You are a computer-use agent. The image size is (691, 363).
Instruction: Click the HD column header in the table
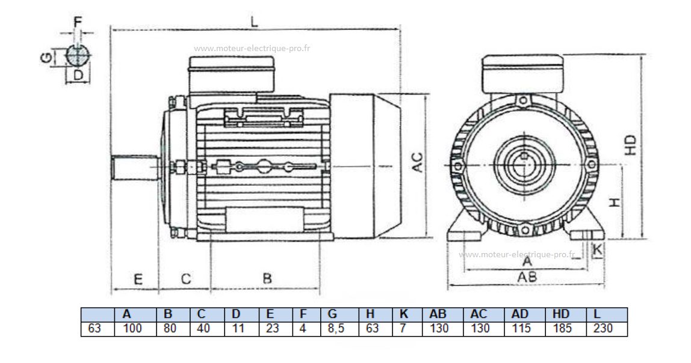pyautogui.click(x=560, y=314)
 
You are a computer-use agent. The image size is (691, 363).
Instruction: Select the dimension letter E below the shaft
pyautogui.click(x=137, y=279)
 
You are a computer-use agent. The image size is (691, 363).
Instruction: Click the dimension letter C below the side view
pyautogui.click(x=186, y=279)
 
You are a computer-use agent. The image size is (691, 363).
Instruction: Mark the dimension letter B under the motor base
pyautogui.click(x=267, y=279)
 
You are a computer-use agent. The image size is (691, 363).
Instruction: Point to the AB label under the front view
pyautogui.click(x=527, y=276)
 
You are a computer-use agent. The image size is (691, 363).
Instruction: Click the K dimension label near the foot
pyautogui.click(x=597, y=248)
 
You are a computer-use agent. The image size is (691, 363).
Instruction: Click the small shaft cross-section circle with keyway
pyautogui.click(x=76, y=56)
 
